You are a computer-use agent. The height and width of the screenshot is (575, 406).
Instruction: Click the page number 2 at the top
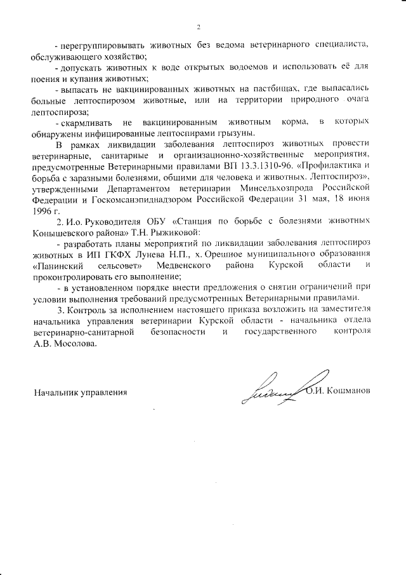tap(199, 27)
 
